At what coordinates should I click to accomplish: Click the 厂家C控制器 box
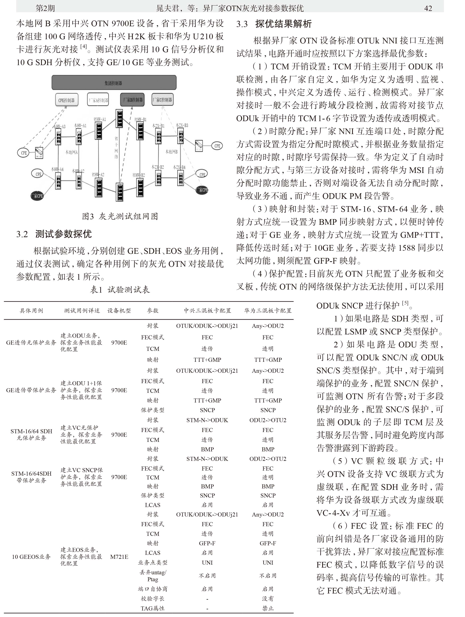coord(163,100)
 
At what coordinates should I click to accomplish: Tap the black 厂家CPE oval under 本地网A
coord(37,196)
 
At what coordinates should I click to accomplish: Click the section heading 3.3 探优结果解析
coord(274,24)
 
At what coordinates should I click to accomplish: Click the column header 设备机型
coord(119,311)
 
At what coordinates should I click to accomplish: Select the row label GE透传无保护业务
coord(31,343)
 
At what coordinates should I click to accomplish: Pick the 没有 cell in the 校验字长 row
coord(268,599)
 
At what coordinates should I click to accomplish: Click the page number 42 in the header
coord(428,8)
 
